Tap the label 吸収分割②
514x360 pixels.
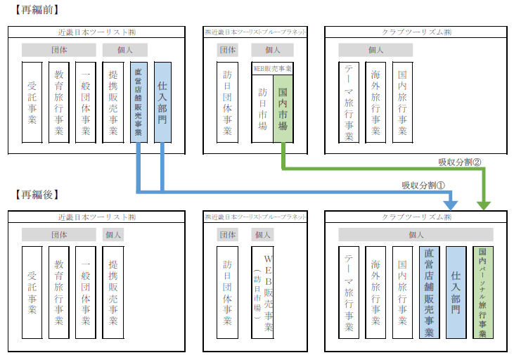[x=461, y=162]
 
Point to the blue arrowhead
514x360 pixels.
[x=451, y=205]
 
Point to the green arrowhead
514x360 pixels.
[x=484, y=205]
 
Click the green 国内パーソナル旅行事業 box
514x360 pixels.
[x=483, y=292]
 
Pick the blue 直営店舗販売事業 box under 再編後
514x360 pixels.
[x=430, y=292]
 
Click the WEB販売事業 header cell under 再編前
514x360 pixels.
[x=273, y=68]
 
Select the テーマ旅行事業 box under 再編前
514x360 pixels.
[x=349, y=102]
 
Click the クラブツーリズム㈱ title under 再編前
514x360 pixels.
[x=416, y=32]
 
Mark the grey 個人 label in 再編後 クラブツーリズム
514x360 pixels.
[x=416, y=235]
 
